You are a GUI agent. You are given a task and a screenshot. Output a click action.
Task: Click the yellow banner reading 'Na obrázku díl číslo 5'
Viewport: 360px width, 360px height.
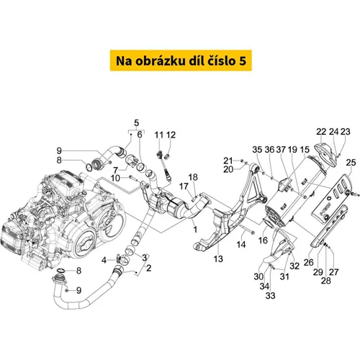pos(181,60)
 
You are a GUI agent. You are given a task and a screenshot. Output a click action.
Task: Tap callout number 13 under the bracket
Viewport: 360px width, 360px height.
pos(218,258)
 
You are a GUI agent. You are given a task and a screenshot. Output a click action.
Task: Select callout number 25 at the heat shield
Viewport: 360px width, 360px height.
pos(351,163)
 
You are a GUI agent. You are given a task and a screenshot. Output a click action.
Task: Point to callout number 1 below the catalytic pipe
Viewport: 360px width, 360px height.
pos(195,230)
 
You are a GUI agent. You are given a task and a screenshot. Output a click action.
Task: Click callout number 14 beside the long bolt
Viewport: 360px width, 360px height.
pos(241,245)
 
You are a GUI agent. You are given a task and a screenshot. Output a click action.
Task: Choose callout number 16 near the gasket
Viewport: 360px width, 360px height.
pos(263,240)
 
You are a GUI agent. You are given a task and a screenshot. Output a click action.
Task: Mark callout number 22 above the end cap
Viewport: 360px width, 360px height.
pos(321,132)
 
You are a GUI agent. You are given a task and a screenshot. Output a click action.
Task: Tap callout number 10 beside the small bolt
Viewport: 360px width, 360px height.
pos(115,178)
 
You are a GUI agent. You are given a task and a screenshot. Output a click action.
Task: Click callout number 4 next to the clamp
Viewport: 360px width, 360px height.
pos(104,260)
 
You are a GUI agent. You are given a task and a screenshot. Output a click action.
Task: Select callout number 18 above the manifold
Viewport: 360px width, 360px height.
pos(193,177)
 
